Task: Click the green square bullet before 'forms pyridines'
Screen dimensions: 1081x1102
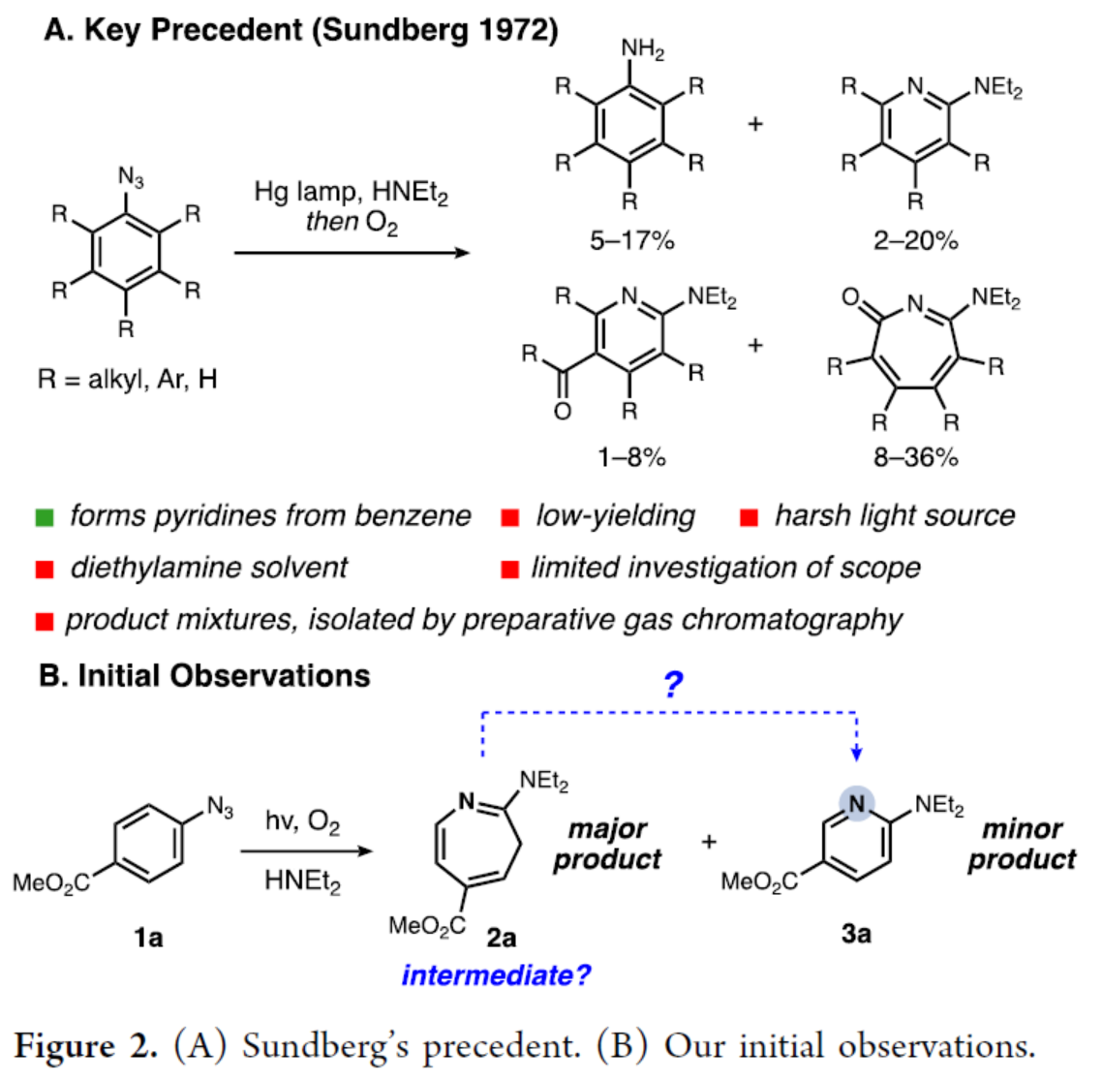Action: (x=45, y=517)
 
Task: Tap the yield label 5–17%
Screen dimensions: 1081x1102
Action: (x=631, y=240)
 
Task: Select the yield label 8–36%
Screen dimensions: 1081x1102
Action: (x=915, y=456)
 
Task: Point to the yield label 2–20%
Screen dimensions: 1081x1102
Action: (x=915, y=240)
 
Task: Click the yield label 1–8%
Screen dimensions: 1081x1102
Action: (x=631, y=456)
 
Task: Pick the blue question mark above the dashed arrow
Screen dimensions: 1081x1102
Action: (x=673, y=685)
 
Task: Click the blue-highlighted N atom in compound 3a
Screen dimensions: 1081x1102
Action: (x=856, y=803)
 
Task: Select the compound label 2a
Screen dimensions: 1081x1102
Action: (x=501, y=937)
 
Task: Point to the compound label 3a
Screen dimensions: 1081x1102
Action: (x=856, y=933)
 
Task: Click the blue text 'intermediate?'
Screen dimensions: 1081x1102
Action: (x=495, y=974)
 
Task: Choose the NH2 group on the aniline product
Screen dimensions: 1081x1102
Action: (x=642, y=48)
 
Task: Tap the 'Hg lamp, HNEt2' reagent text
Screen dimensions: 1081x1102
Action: (x=351, y=192)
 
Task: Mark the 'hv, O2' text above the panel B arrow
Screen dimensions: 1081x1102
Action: (x=302, y=822)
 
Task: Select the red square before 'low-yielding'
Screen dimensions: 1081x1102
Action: (x=510, y=517)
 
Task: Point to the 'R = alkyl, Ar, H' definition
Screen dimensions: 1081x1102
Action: (x=127, y=379)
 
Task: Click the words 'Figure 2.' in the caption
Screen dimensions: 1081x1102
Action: (x=86, y=1046)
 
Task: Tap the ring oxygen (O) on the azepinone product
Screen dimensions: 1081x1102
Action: (x=849, y=296)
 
